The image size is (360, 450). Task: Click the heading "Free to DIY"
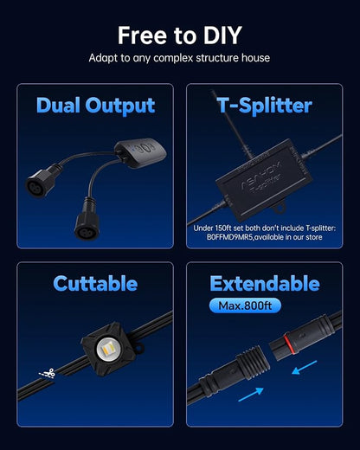point(180,35)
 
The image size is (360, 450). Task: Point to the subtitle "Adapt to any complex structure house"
point(180,58)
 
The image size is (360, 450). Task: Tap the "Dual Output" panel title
point(95,106)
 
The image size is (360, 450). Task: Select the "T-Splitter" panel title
point(264,106)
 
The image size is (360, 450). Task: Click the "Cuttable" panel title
point(95,283)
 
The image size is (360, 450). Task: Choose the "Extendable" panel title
point(264,283)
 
